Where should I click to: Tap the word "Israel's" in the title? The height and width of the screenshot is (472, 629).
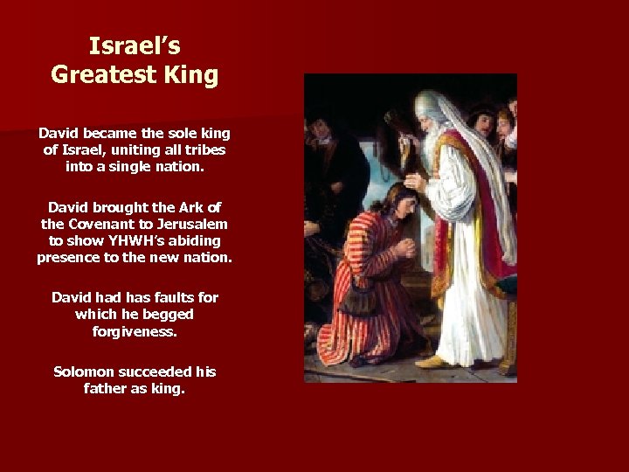point(135,45)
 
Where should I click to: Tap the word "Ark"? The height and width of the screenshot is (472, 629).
point(189,207)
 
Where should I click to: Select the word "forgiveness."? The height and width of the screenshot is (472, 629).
point(135,331)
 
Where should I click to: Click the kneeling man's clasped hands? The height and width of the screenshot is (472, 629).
point(404,248)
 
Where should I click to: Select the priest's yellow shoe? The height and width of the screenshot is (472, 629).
point(430,360)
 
